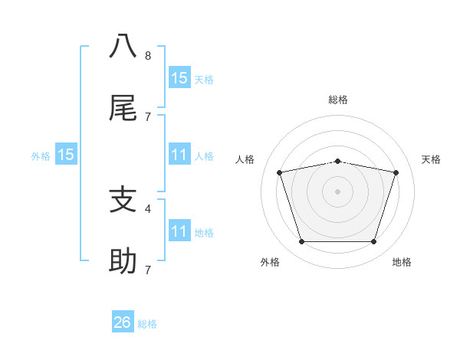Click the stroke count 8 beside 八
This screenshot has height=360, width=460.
[148, 56]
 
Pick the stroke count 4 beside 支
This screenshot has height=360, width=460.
[148, 208]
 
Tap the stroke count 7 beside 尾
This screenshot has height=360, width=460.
[148, 116]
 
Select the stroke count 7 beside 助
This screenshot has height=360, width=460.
[148, 270]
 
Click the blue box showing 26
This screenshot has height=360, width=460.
[123, 322]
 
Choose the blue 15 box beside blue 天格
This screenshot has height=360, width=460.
[179, 78]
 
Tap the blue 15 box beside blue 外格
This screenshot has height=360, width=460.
[66, 155]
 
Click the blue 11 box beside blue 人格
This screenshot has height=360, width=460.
[179, 155]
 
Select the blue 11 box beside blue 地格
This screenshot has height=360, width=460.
[179, 232]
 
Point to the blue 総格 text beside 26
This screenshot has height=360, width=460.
[147, 324]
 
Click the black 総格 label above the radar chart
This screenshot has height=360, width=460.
[338, 100]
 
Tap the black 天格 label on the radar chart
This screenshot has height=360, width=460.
[432, 159]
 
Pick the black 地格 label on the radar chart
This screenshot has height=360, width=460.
[402, 262]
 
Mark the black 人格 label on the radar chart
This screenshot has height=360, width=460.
[245, 159]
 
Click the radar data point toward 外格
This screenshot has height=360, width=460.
[301, 242]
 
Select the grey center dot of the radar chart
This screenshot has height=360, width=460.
[338, 191]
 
